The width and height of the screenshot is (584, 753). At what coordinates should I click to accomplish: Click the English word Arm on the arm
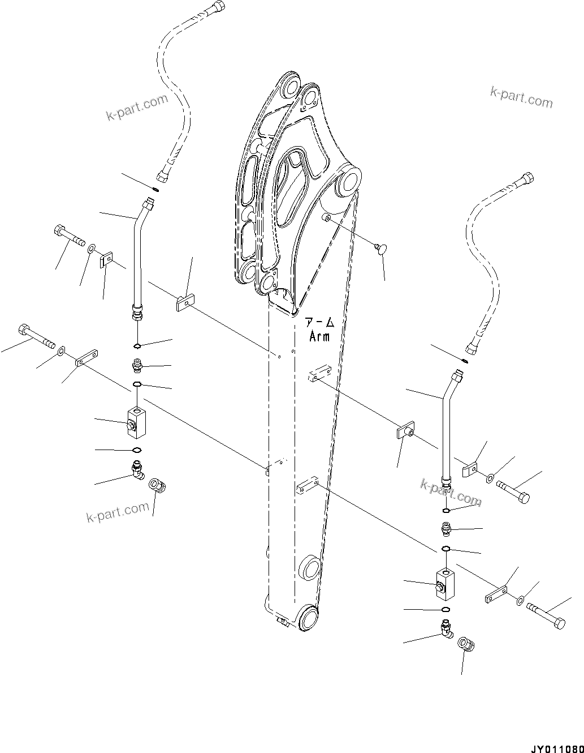coord(319,336)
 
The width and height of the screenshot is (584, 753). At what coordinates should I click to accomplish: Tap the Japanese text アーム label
coord(319,323)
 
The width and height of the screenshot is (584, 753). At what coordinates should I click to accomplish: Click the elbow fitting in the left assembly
coord(137,469)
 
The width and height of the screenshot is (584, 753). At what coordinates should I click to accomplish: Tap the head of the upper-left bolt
coord(61,231)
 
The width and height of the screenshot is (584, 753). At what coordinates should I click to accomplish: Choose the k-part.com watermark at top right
coord(521,98)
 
